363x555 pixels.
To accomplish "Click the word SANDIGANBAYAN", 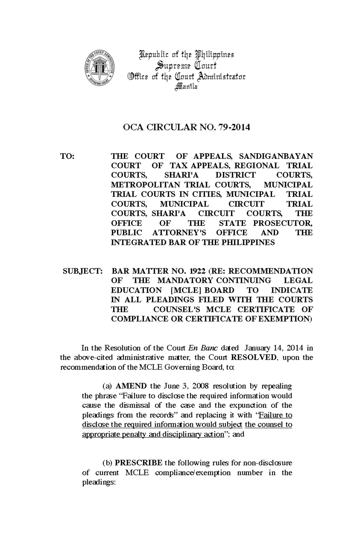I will click(x=276, y=156).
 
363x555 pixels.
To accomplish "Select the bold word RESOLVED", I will click(x=253, y=357).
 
